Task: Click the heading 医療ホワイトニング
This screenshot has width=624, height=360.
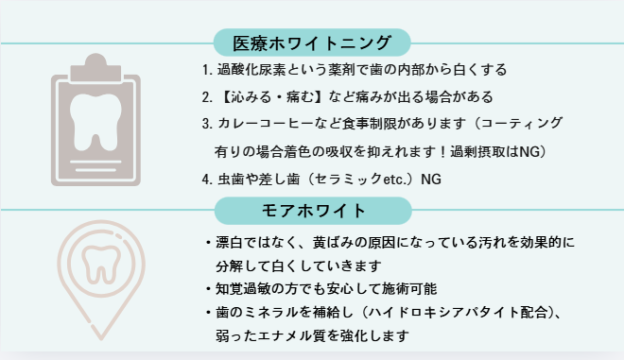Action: click(x=312, y=43)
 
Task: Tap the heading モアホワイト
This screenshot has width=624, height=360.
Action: click(x=313, y=211)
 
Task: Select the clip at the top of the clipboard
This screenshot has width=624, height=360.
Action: click(x=95, y=68)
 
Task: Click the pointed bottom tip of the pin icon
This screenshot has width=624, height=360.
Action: click(x=100, y=339)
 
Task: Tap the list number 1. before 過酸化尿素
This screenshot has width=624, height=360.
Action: click(x=207, y=70)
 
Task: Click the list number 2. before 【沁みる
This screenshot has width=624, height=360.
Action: click(x=207, y=97)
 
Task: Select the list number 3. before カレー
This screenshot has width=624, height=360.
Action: click(x=207, y=124)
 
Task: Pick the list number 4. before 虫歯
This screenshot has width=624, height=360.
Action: click(x=207, y=180)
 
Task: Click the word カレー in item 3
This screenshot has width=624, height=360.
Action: click(x=238, y=124)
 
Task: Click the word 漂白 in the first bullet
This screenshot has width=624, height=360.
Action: click(x=229, y=242)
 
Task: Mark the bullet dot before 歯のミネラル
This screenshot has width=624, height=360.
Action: click(x=208, y=313)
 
